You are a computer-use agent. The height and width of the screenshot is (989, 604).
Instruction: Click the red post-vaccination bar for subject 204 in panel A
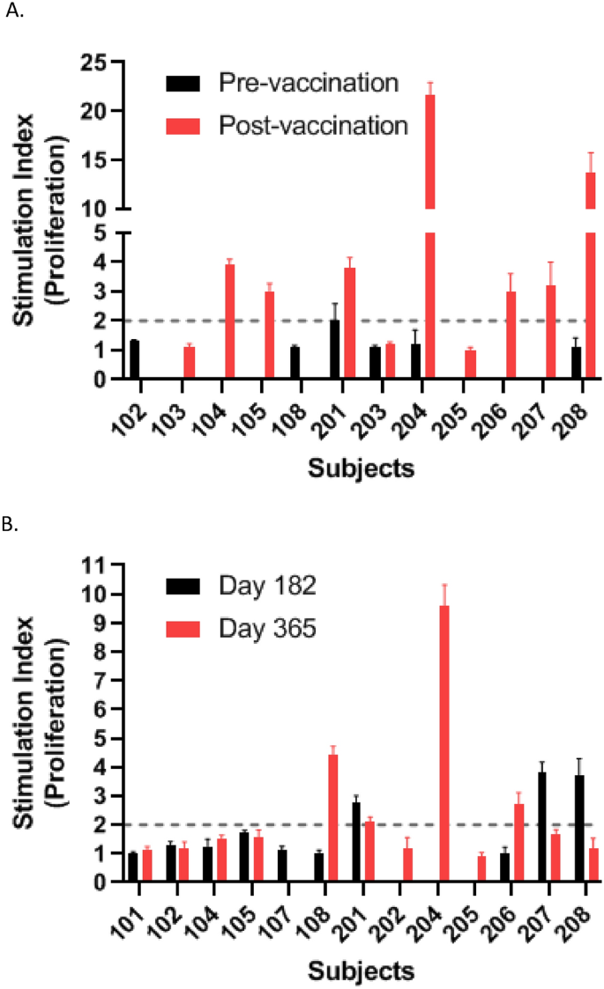coord(430,238)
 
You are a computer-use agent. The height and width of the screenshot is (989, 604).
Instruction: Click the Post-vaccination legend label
coord(313,125)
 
